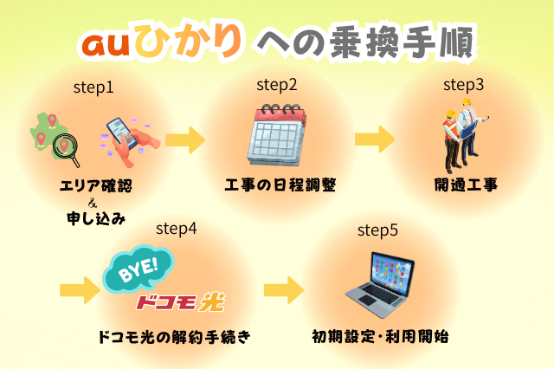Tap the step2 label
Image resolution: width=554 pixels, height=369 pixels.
tap(277, 85)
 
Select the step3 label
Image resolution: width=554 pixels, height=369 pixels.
tap(463, 85)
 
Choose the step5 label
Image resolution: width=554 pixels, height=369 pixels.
tap(377, 230)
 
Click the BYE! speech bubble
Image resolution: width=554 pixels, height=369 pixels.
tap(138, 273)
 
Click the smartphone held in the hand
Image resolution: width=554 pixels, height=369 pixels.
tap(121, 137)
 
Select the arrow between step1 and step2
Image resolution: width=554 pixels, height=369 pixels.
tap(184, 140)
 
